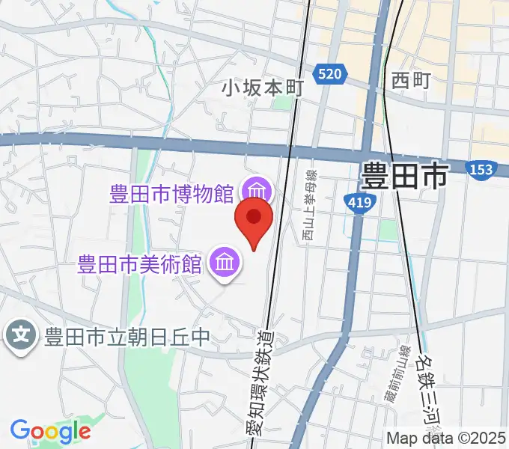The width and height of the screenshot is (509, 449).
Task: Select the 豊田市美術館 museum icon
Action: [224, 263]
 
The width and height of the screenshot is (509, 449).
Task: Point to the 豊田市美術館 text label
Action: [141, 264]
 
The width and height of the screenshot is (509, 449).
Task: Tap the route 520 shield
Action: [330, 73]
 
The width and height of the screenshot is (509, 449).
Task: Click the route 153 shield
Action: [479, 170]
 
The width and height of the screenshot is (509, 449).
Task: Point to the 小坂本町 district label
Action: [261, 88]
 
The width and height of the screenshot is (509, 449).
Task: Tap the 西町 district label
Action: [411, 80]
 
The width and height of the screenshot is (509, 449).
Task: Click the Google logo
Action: [50, 430]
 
